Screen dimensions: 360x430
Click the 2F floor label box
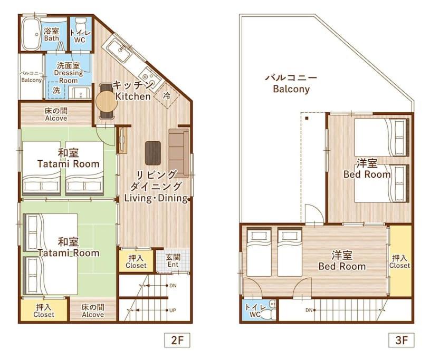click(x=177, y=339)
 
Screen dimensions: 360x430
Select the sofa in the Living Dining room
click(x=179, y=152)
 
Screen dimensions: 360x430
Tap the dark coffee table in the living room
click(x=153, y=153)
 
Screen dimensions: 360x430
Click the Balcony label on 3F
click(x=291, y=83)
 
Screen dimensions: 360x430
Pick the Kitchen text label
click(x=133, y=91)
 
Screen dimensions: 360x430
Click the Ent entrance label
click(x=173, y=261)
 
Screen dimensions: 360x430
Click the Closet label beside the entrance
click(x=136, y=261)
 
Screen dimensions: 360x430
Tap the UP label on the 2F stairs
click(x=173, y=310)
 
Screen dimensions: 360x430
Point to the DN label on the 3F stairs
click(x=309, y=310)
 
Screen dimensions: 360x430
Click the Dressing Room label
click(x=69, y=73)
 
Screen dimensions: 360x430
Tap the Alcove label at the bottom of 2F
click(x=93, y=311)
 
